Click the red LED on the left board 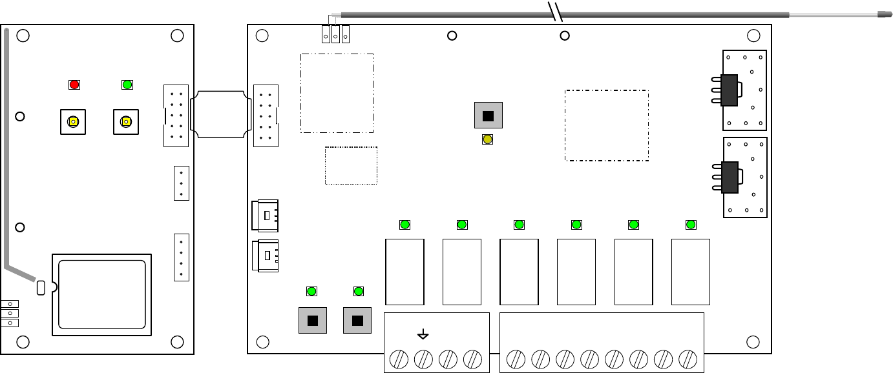pos(74,85)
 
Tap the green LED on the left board pos(127,85)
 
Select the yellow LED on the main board pos(488,139)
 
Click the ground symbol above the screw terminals pos(423,334)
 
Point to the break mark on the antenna pos(556,11)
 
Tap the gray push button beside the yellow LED pos(488,116)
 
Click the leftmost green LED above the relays pos(404,225)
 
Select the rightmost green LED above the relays pos(691,225)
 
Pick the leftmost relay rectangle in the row pos(404,272)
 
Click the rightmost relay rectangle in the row pos(691,272)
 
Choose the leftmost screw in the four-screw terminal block pos(399,359)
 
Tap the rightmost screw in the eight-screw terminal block pos(688,359)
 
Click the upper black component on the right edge pos(729,90)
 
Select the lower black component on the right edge pos(729,177)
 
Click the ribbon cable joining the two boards pos(221,115)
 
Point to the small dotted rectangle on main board pos(351,165)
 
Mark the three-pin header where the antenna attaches pos(335,34)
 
